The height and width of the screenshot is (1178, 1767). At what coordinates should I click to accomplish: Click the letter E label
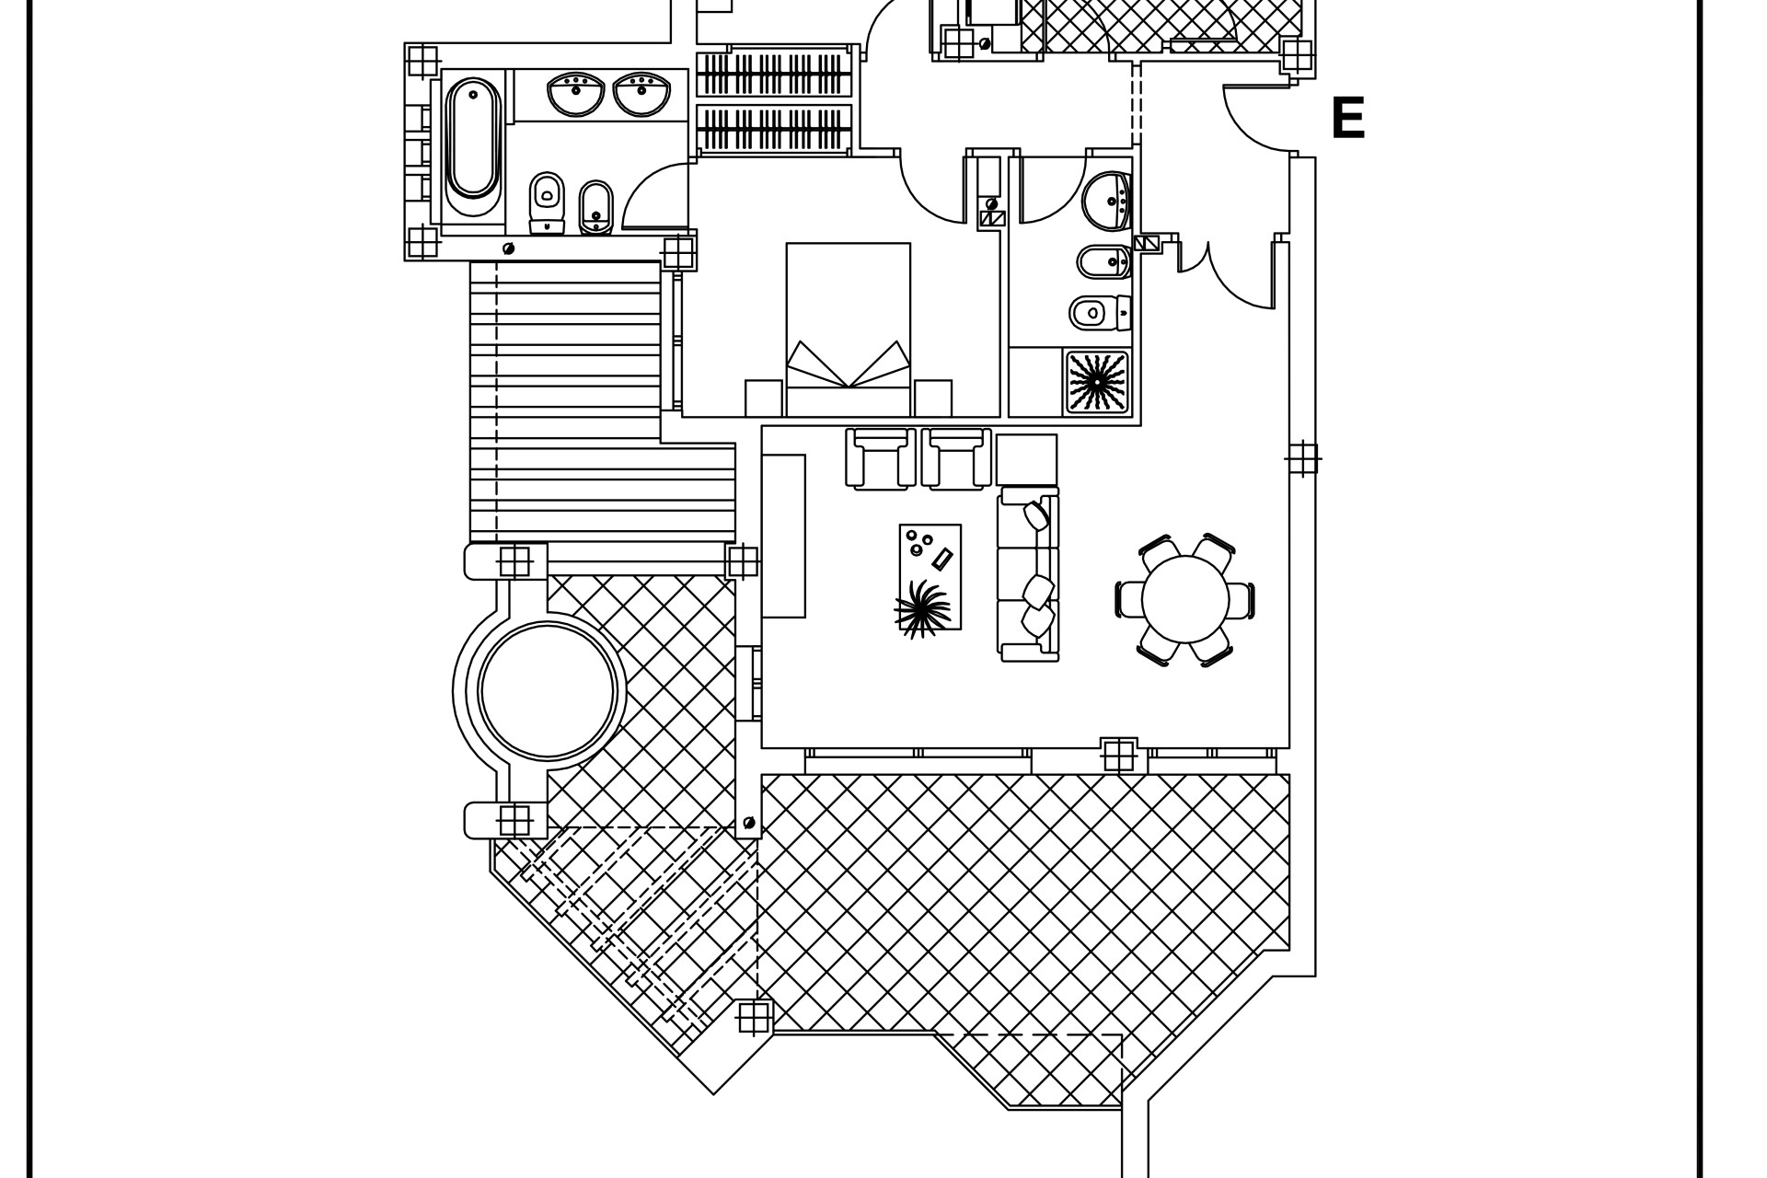tap(1347, 119)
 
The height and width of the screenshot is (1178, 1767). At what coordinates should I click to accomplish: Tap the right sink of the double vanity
tap(641, 95)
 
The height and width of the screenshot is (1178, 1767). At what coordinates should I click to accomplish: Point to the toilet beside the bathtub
tap(547, 202)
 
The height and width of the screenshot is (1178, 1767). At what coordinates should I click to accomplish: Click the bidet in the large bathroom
tap(596, 206)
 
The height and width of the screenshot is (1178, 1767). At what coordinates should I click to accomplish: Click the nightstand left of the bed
tap(763, 398)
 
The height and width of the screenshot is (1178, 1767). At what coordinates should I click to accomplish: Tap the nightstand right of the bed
tap(932, 398)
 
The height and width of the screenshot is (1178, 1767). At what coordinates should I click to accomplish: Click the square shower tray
tap(1096, 381)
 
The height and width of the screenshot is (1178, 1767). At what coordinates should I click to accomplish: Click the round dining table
tap(1184, 599)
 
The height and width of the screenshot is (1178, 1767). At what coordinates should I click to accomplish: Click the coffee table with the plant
tap(930, 578)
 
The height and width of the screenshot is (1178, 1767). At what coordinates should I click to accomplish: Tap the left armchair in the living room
tap(880, 457)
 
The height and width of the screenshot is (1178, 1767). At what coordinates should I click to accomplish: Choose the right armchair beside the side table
tap(956, 457)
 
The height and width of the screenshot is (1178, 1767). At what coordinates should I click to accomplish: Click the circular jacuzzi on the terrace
tap(547, 690)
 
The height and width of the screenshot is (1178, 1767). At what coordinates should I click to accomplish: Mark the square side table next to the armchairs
tap(1026, 459)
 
